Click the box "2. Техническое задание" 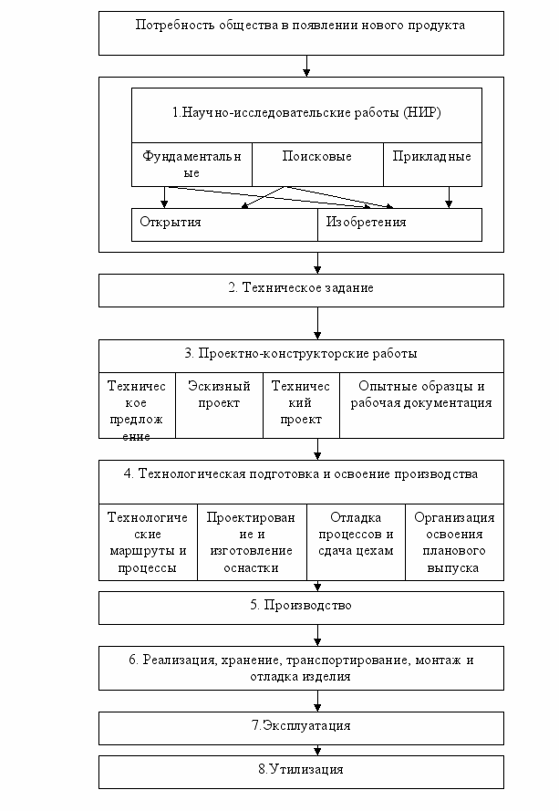(x=301, y=290)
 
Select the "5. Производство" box (x=301, y=608)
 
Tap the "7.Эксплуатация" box (x=301, y=728)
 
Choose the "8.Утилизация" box (x=301, y=772)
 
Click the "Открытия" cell (x=224, y=225)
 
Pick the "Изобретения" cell (x=399, y=225)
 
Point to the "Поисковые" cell (x=317, y=164)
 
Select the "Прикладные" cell (x=432, y=164)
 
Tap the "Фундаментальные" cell (x=192, y=164)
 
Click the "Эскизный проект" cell (x=219, y=405)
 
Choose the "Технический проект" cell (x=301, y=405)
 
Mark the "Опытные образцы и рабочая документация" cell (x=421, y=405)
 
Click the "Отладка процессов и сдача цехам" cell (x=356, y=542)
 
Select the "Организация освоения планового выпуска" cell (x=454, y=542)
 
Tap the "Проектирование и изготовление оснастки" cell (x=252, y=542)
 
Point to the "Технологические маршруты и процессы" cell (x=148, y=542)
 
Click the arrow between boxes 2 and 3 (x=317, y=323)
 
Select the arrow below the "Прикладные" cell (x=449, y=198)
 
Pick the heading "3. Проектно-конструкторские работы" (x=301, y=353)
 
